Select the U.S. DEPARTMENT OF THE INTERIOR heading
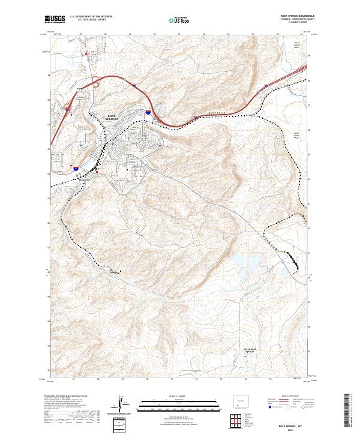[90, 17]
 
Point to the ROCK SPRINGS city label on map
[112, 118]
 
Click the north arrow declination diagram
[122, 405]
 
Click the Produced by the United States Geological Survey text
[63, 397]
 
